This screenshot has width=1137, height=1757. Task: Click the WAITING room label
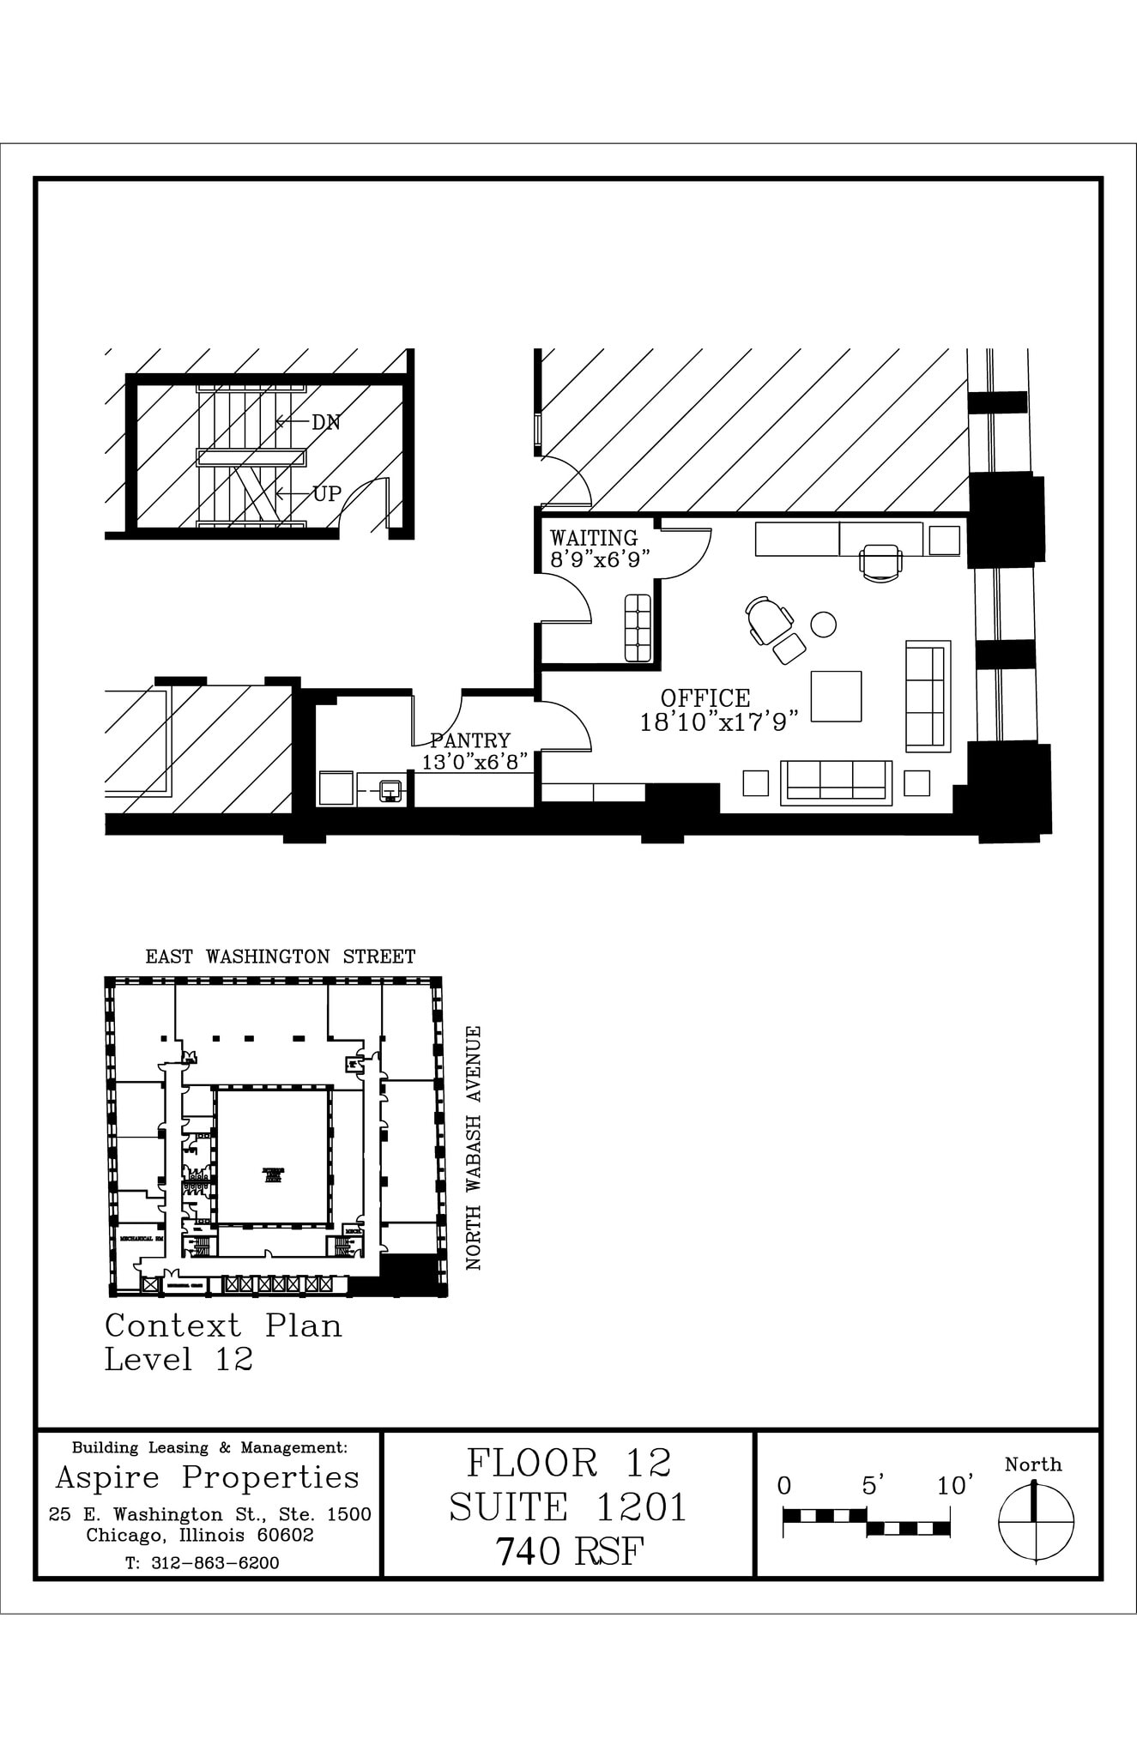point(593,539)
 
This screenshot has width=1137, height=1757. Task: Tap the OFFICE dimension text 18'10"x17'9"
point(719,722)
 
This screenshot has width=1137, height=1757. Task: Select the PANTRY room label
point(470,740)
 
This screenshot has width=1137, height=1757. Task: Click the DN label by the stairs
point(326,422)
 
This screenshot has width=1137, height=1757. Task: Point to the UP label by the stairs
point(327,494)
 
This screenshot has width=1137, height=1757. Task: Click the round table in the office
point(824,624)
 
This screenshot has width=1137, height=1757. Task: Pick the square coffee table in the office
point(836,696)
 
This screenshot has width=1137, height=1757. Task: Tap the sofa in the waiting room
point(638,627)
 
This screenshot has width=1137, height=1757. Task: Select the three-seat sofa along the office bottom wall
point(836,782)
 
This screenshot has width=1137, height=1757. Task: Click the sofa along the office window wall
point(928,695)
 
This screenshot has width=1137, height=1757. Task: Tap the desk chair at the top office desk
point(880,563)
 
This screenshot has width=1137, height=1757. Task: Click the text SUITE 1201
point(568,1507)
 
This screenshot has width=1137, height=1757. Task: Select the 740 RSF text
point(568,1551)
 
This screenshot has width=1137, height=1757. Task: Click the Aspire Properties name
point(208,1477)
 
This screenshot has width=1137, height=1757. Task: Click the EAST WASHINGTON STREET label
point(280,957)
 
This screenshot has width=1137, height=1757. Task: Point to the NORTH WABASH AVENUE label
point(473,1148)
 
